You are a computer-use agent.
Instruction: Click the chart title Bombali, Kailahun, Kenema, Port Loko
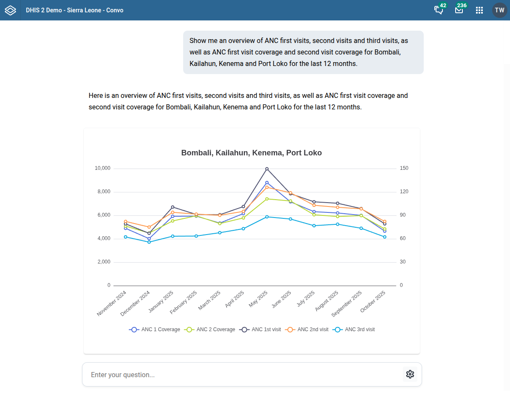[251, 153]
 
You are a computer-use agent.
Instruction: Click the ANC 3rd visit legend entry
[354, 329]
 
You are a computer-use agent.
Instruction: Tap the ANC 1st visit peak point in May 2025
[267, 169]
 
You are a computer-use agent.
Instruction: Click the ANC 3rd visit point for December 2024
[149, 242]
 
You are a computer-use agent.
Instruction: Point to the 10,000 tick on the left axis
[102, 168]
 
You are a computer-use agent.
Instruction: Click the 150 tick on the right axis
[404, 168]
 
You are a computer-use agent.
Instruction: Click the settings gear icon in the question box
[410, 374]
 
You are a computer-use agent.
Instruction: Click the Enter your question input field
[242, 375]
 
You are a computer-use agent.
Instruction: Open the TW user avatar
[499, 10]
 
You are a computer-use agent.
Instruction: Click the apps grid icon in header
[479, 10]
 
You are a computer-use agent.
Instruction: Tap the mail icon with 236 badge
[459, 10]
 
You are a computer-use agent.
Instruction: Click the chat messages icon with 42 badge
[439, 10]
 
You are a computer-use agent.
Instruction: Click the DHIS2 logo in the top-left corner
[10, 10]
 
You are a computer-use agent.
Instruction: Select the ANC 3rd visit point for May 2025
[267, 217]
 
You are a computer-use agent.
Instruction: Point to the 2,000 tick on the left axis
[104, 262]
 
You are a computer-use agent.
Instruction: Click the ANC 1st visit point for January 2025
[173, 207]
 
